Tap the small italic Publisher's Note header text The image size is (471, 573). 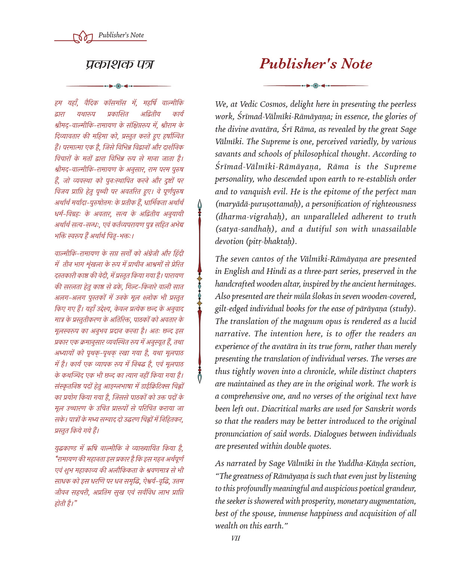click(x=121, y=35)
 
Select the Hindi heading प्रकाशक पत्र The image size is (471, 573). click(x=119, y=64)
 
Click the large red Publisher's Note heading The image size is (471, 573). click(x=316, y=64)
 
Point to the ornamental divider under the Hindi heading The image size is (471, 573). click(x=118, y=86)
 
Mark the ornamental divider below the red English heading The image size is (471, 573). click(x=315, y=86)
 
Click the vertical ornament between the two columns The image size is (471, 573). click(x=200, y=291)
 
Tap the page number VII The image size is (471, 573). click(x=235, y=538)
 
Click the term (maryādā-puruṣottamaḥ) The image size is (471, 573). click(x=259, y=204)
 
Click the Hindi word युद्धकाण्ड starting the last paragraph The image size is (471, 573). click(x=65, y=448)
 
